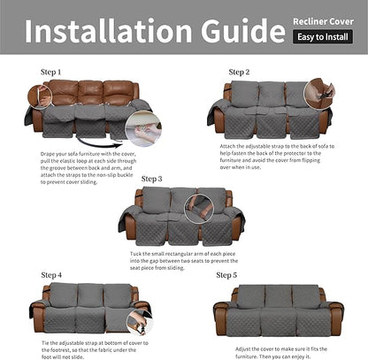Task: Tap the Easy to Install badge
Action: tap(322, 37)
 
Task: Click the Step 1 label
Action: tap(51, 71)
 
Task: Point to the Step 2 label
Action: tap(239, 72)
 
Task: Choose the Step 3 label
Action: tap(152, 179)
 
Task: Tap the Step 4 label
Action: tap(51, 275)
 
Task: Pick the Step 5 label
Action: tap(226, 275)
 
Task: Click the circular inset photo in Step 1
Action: tap(143, 129)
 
